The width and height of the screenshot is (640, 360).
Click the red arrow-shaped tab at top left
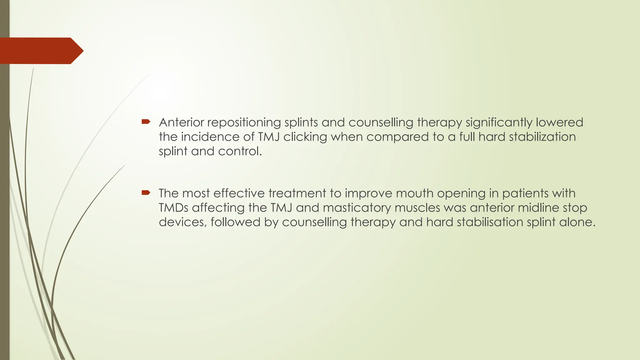click(x=41, y=51)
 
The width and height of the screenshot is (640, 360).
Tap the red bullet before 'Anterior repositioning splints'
click(x=146, y=122)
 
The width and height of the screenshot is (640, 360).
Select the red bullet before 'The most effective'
click(x=146, y=192)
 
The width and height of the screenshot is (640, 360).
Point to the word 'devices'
click(x=182, y=222)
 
